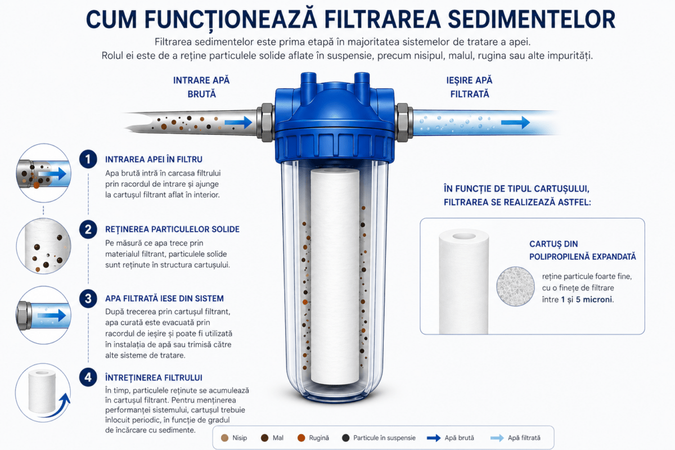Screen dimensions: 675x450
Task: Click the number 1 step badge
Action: click(88, 159)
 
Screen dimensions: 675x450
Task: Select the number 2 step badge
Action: click(88, 229)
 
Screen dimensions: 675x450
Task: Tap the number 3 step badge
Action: click(88, 299)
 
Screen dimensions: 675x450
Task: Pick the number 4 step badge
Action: click(88, 377)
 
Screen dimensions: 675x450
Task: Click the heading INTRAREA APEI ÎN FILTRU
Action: click(154, 159)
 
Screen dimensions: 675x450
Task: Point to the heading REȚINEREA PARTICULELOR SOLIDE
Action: click(172, 229)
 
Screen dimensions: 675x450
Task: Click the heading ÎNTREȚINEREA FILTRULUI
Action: click(154, 377)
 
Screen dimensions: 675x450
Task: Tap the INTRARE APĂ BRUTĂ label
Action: click(201, 87)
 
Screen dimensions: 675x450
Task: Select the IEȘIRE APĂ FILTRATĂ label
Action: click(469, 87)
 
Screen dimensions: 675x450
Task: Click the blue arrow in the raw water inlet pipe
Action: click(238, 123)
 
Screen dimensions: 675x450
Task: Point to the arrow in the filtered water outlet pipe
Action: click(515, 123)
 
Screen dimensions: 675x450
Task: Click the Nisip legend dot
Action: click(224, 438)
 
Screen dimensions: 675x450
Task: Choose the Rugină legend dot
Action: click(301, 438)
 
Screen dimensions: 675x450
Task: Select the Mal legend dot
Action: click(264, 438)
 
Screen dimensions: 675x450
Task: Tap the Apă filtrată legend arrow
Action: click(497, 438)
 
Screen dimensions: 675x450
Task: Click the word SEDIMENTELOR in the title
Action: click(532, 19)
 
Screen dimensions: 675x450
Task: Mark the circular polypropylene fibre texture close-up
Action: click(515, 286)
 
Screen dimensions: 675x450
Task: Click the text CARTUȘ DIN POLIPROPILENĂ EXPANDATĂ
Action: click(583, 250)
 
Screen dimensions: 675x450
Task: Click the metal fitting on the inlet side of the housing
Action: click(265, 123)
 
